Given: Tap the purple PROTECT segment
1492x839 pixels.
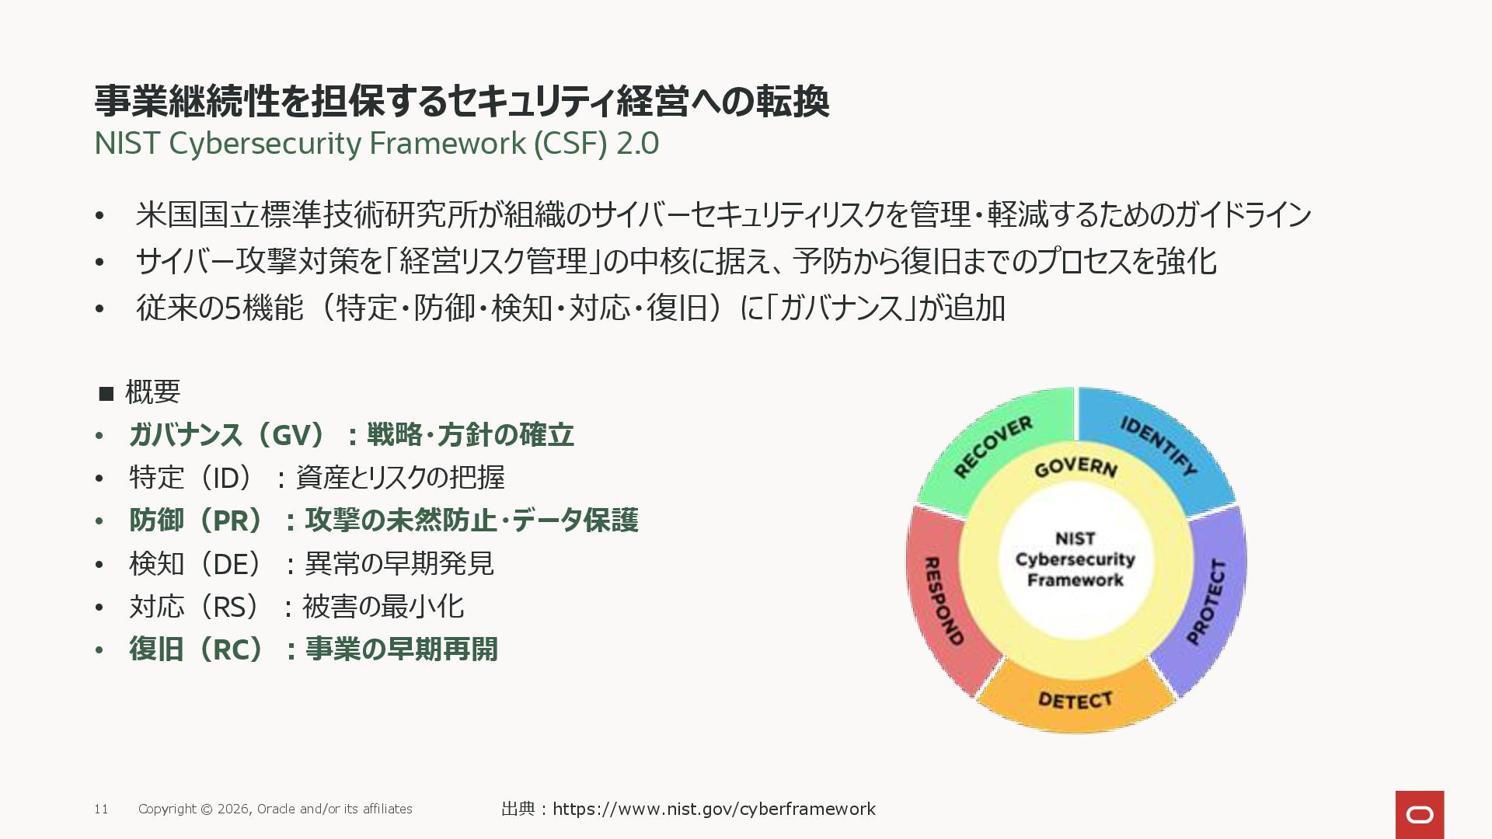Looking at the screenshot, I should tap(1208, 602).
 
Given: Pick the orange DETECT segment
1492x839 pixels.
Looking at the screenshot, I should tap(1075, 700).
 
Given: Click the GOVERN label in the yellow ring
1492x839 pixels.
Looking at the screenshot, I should tap(1075, 467).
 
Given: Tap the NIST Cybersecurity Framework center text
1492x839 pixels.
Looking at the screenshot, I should tap(1075, 559).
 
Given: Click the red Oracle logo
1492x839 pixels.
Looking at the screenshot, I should tap(1419, 814).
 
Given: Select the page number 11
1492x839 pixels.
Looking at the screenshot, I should tap(101, 809).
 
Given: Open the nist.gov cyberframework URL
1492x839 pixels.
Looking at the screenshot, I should tap(713, 809).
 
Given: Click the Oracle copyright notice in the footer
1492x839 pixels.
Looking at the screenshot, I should tap(275, 809).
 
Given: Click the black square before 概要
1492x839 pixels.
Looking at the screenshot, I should tap(106, 393).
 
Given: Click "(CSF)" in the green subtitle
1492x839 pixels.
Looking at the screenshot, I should tap(570, 144).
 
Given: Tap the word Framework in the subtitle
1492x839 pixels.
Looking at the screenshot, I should tap(448, 144).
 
